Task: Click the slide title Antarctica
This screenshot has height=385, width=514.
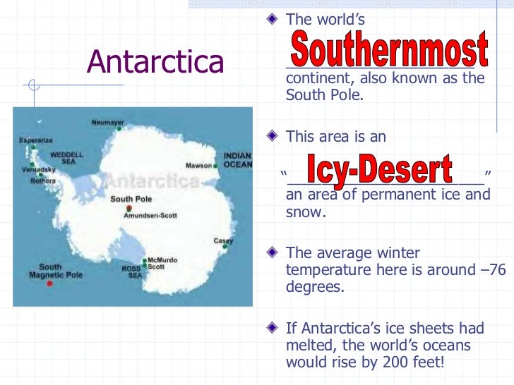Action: pyautogui.click(x=155, y=63)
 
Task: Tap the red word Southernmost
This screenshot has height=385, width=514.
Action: pyautogui.click(x=388, y=49)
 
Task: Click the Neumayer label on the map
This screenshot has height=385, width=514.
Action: pyautogui.click(x=107, y=122)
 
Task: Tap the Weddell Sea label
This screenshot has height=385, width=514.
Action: pyautogui.click(x=66, y=157)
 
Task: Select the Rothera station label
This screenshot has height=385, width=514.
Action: pyautogui.click(x=42, y=181)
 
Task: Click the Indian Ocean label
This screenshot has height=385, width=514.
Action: pyautogui.click(x=237, y=160)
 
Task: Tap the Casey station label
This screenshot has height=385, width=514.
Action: pyautogui.click(x=223, y=241)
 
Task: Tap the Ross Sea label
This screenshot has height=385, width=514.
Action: pyautogui.click(x=131, y=271)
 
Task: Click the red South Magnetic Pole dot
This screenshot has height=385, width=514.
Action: pyautogui.click(x=49, y=284)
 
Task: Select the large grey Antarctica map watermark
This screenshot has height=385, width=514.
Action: pyautogui.click(x=152, y=181)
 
